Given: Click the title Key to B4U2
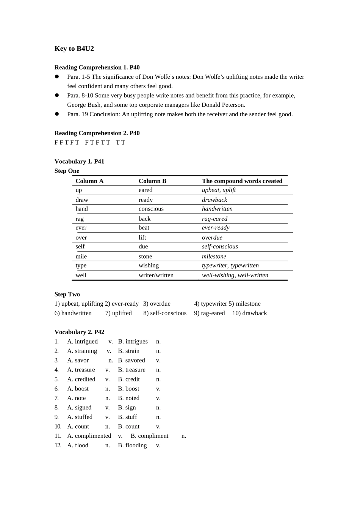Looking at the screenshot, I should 74,48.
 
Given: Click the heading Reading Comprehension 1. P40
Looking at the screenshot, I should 97,67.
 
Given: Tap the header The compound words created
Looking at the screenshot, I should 242,181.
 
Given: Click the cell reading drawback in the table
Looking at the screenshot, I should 214,200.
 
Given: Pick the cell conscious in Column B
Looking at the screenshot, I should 151,209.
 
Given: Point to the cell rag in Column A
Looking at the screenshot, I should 80,219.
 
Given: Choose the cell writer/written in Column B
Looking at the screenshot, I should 156,275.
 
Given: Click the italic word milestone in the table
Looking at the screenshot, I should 214,256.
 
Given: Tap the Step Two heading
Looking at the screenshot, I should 67,294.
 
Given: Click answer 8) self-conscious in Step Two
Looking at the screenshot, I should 165,313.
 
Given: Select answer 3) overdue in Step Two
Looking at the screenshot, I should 157,304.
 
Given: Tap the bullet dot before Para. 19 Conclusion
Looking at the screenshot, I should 57,114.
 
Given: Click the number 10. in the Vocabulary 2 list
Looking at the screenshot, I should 58,426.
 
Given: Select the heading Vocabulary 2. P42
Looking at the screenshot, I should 79,332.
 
